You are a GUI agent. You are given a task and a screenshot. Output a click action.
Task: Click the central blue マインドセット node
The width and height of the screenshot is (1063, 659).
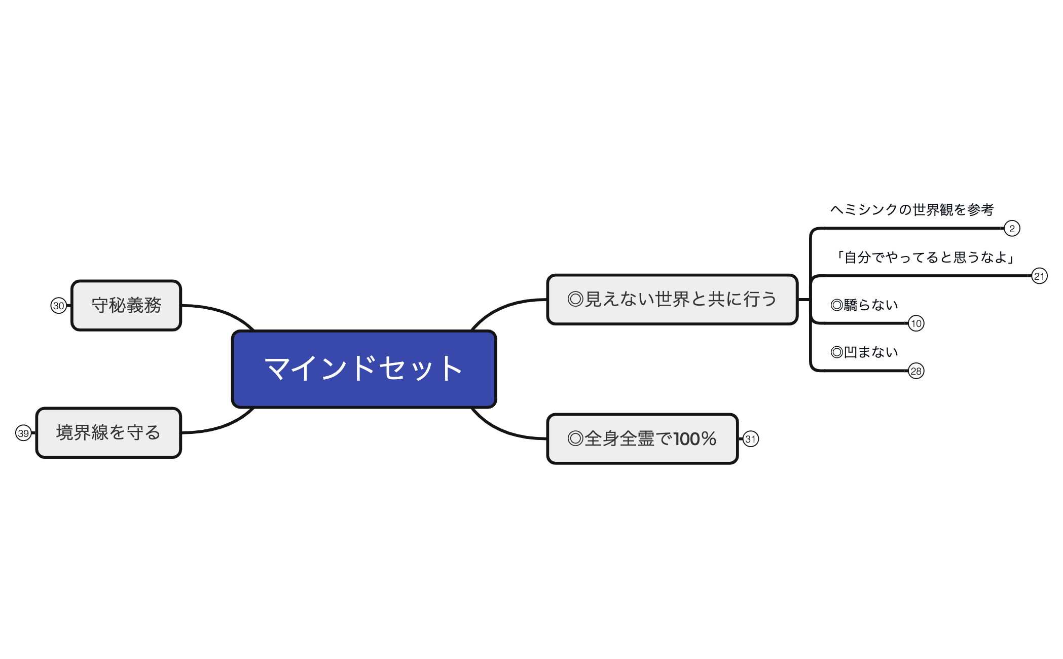click(x=363, y=369)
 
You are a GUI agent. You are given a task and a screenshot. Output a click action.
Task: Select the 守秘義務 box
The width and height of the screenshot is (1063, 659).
click(x=126, y=305)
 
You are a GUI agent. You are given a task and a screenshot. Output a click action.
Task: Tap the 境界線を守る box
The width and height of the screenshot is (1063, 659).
click(x=108, y=432)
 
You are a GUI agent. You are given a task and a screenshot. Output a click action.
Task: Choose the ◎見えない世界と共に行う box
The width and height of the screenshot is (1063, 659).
click(x=672, y=299)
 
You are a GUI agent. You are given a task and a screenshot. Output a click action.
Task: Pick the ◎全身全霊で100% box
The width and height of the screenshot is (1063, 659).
click(x=642, y=438)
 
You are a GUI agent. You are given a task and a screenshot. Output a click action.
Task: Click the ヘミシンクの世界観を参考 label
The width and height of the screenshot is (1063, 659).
click(x=912, y=209)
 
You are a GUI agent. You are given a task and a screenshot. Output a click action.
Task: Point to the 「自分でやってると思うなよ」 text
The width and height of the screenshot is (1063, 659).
click(x=925, y=258)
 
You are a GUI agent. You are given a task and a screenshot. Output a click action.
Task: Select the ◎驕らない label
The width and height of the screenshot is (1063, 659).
click(x=864, y=305)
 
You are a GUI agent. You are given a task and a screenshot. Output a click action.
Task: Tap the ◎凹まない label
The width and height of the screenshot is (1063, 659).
click(x=864, y=352)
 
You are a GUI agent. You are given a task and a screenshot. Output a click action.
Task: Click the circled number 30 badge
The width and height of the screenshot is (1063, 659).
click(x=59, y=306)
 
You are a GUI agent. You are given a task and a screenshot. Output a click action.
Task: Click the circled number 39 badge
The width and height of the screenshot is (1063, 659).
click(x=23, y=433)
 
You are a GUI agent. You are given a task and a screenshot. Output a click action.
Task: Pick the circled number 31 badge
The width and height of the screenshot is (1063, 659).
click(x=751, y=439)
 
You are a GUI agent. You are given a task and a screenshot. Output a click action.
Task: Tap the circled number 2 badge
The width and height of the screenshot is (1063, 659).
click(x=1012, y=229)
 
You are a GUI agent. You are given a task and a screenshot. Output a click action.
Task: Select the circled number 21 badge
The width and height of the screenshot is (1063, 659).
click(x=1039, y=276)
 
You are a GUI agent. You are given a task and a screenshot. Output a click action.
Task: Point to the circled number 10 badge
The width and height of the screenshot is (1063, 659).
click(x=916, y=323)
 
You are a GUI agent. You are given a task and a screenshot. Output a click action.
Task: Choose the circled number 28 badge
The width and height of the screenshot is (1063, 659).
click(x=916, y=371)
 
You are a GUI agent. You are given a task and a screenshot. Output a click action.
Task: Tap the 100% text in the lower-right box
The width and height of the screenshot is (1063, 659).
click(x=695, y=438)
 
